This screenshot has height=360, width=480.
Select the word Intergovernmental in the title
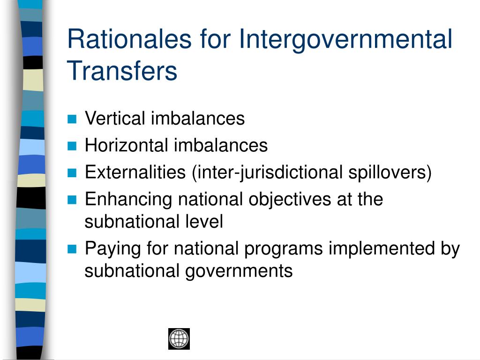click(346, 39)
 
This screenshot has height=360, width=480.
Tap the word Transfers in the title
click(122, 71)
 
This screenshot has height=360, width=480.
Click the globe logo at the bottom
click(179, 338)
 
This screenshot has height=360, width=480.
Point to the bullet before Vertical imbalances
click(72, 119)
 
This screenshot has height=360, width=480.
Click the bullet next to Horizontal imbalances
click(72, 146)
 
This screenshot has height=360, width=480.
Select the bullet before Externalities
click(72, 173)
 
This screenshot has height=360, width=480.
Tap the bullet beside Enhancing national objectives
click(72, 200)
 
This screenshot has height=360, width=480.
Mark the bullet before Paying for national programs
click(72, 249)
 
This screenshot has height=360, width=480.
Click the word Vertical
click(115, 119)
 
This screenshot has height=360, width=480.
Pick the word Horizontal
click(126, 145)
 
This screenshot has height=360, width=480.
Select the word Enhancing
click(128, 200)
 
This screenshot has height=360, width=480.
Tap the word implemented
click(381, 249)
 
